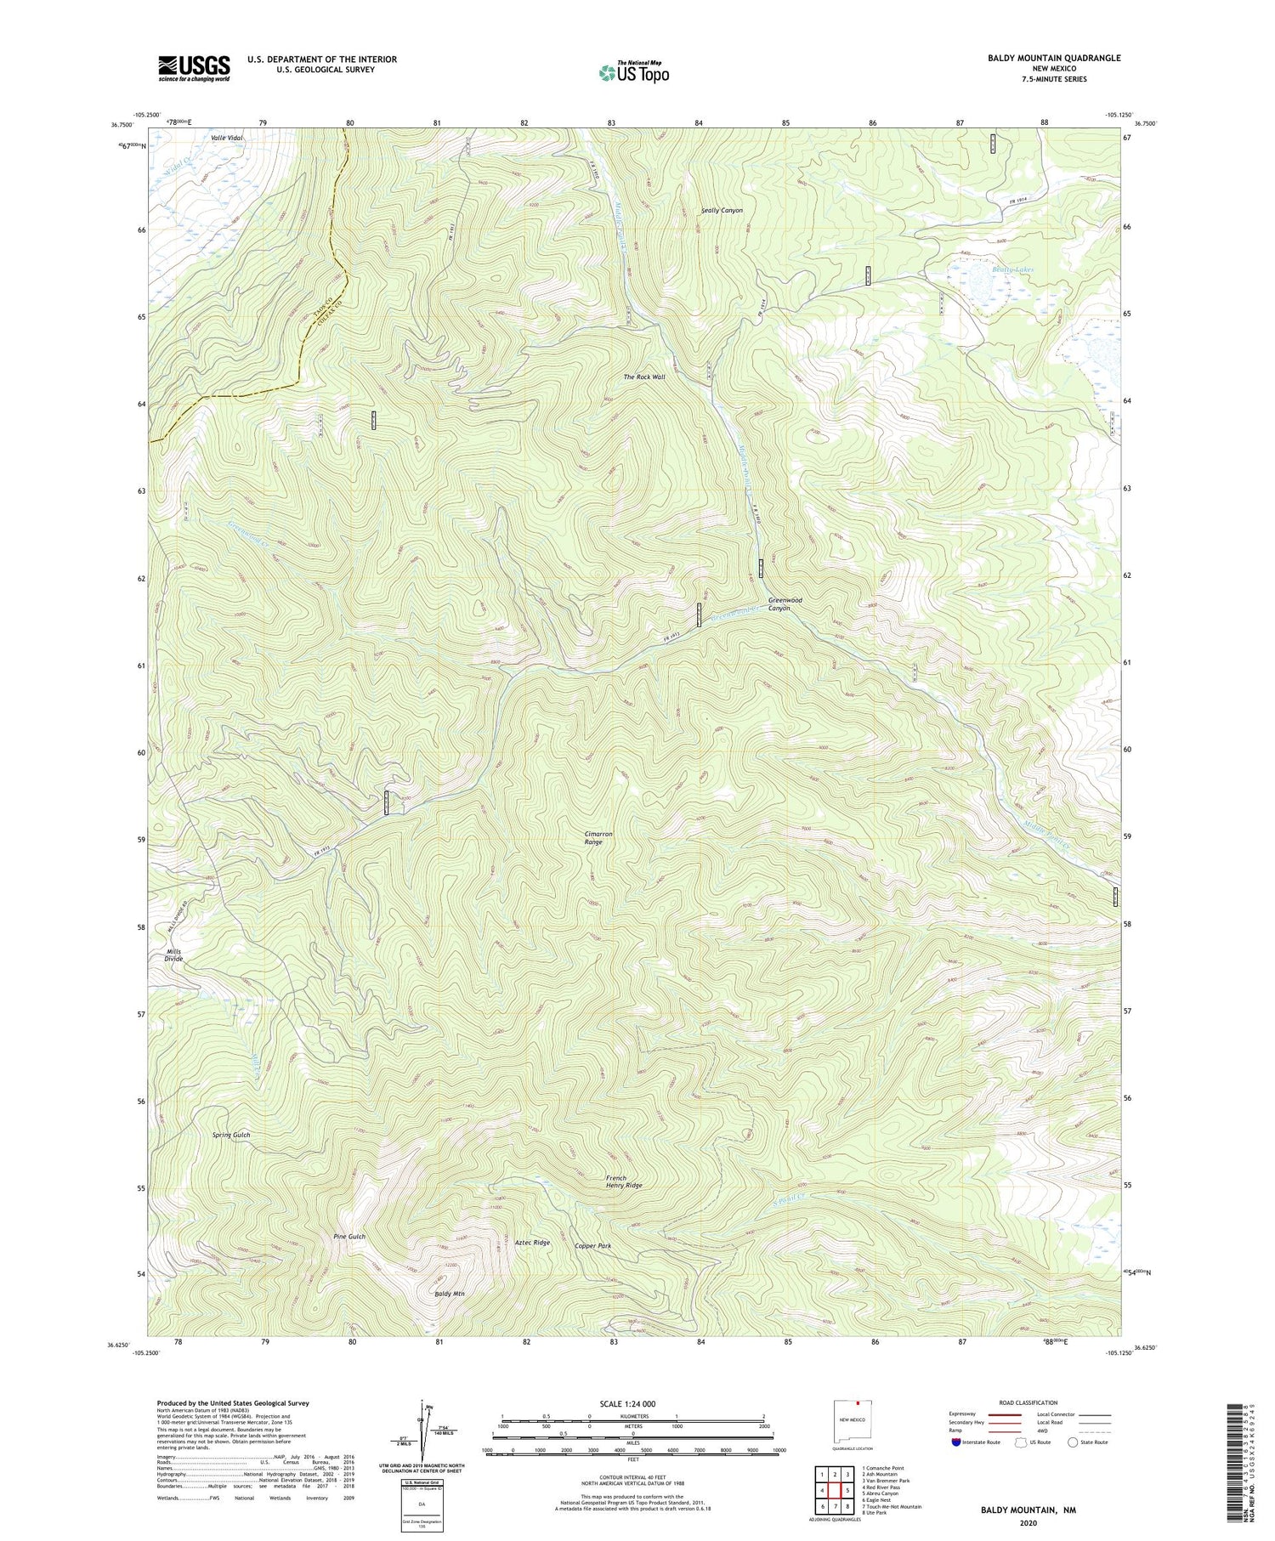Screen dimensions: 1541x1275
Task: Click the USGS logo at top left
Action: tap(194, 68)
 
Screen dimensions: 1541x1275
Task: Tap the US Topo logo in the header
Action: tap(633, 73)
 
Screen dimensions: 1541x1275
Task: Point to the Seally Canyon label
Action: tap(722, 210)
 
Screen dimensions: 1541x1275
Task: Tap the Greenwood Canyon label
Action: tap(785, 603)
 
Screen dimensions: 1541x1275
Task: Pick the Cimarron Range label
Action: tap(599, 837)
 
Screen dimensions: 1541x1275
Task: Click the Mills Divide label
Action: tap(174, 955)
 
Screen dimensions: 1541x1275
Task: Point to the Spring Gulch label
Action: tap(231, 1135)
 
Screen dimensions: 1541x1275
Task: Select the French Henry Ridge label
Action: tap(623, 1181)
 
